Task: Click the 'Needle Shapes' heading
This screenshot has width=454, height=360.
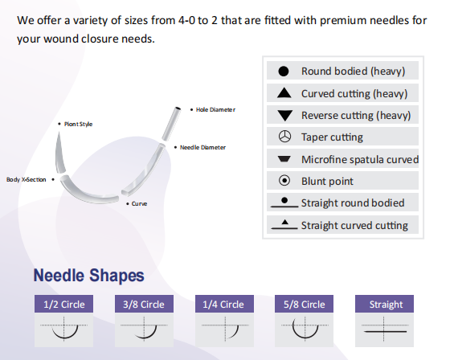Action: (88, 276)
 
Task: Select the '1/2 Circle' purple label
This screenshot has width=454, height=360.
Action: (64, 305)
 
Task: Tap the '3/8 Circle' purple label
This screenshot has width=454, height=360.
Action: (145, 305)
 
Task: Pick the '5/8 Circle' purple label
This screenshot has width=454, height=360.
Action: (305, 305)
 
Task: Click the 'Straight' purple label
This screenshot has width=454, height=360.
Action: (386, 305)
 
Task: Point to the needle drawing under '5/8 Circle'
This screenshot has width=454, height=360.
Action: (305, 329)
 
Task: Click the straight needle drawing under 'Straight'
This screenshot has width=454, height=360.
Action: (386, 329)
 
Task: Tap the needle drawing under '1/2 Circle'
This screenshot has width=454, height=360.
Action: (64, 329)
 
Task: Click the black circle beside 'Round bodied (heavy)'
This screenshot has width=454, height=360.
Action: (284, 72)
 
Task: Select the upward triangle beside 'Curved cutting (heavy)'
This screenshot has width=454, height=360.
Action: (284, 93)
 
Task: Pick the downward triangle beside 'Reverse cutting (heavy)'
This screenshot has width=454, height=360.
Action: (284, 116)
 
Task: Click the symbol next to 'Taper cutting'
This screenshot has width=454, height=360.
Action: (284, 137)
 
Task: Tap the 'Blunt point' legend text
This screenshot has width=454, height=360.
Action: (327, 181)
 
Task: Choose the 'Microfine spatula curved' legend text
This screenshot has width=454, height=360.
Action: (359, 159)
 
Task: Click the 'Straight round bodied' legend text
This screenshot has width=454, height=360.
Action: (353, 202)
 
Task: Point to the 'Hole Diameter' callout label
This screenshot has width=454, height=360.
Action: (215, 109)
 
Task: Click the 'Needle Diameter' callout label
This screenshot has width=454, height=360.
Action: (202, 147)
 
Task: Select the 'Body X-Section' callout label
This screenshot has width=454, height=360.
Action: (27, 179)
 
